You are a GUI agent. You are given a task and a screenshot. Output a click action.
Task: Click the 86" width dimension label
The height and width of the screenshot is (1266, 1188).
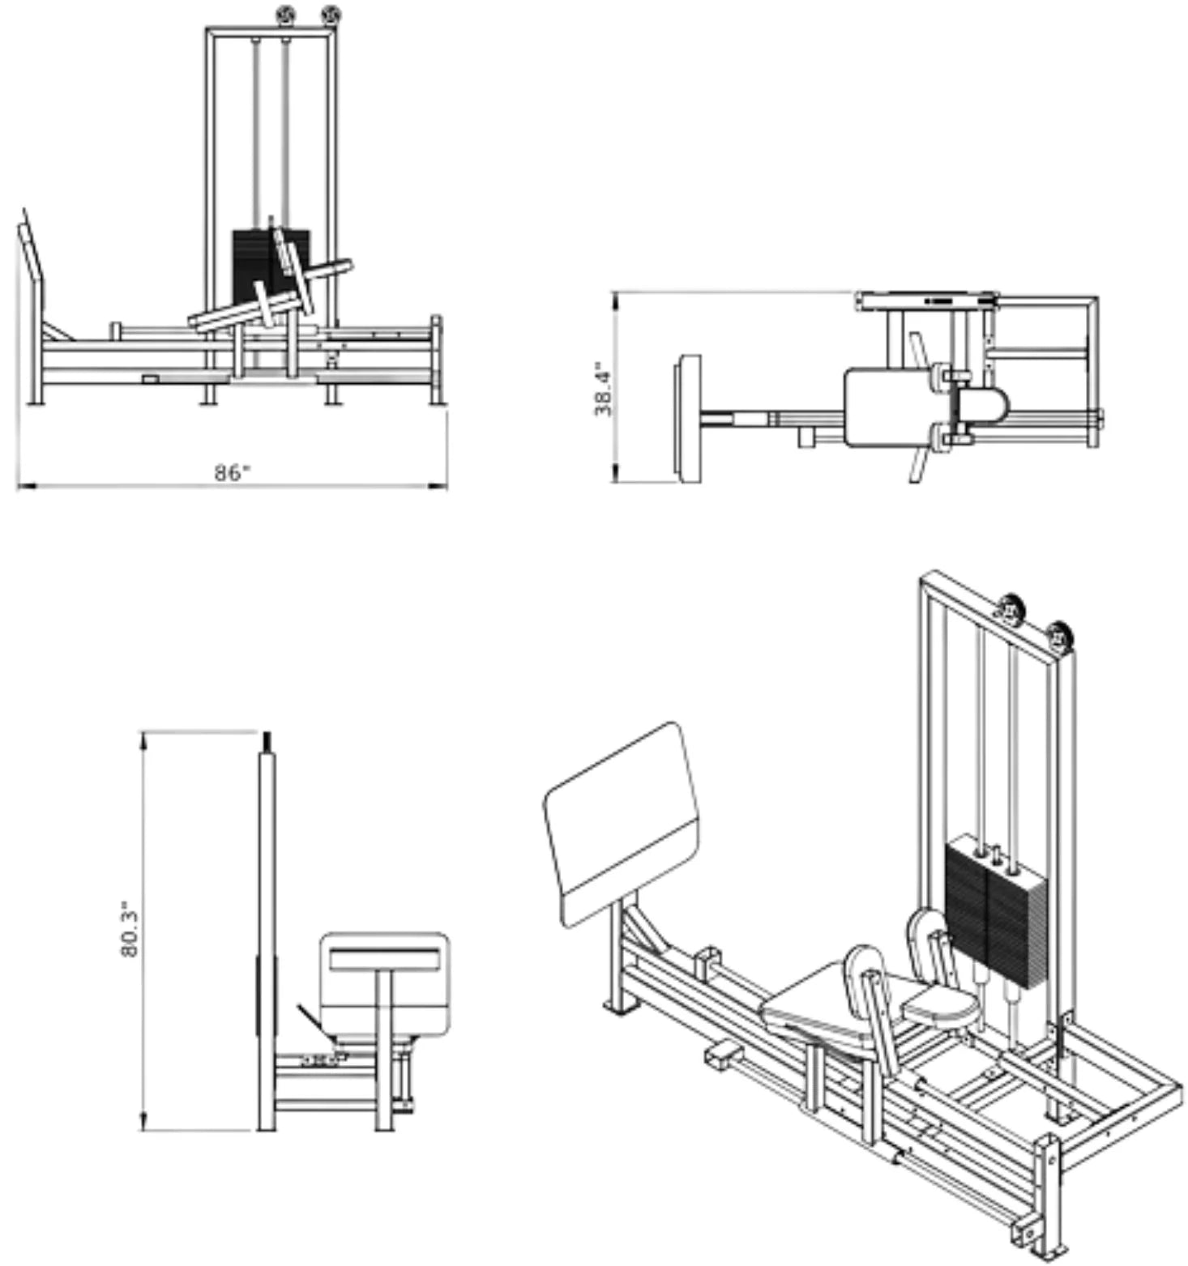[x=232, y=472]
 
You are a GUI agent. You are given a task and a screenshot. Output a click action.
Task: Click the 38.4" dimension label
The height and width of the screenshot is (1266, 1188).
[x=604, y=389]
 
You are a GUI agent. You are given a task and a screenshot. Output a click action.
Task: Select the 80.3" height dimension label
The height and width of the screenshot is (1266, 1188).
[x=130, y=929]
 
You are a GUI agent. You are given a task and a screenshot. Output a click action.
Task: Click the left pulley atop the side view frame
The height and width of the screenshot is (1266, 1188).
[x=284, y=14]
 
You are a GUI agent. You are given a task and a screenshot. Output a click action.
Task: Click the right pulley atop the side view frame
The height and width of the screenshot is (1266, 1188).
[x=331, y=14]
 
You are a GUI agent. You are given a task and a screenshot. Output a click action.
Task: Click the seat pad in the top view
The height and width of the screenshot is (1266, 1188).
[x=888, y=407]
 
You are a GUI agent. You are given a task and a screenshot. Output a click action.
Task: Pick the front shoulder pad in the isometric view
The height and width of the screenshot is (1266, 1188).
[x=868, y=973]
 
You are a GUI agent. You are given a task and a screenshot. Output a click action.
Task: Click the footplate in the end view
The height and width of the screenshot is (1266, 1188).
[x=384, y=984]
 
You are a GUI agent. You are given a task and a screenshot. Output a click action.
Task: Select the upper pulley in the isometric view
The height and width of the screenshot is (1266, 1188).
[x=1011, y=607]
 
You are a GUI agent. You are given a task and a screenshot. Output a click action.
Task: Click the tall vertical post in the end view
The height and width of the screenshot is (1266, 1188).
[x=267, y=931]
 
